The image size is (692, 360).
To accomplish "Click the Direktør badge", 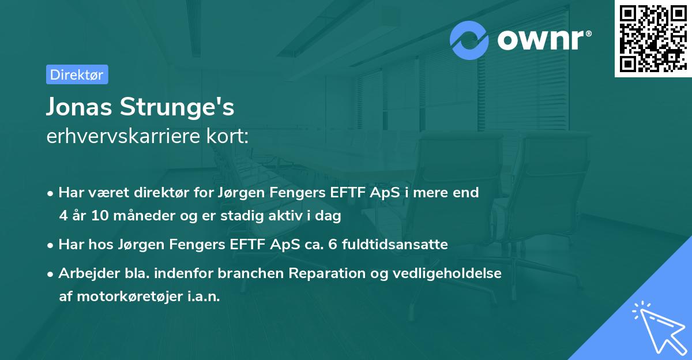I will point(77,75).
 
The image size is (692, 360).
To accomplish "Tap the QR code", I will point(653,39).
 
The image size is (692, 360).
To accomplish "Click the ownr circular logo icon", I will point(469,40).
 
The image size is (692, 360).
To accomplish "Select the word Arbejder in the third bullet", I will point(84,273).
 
